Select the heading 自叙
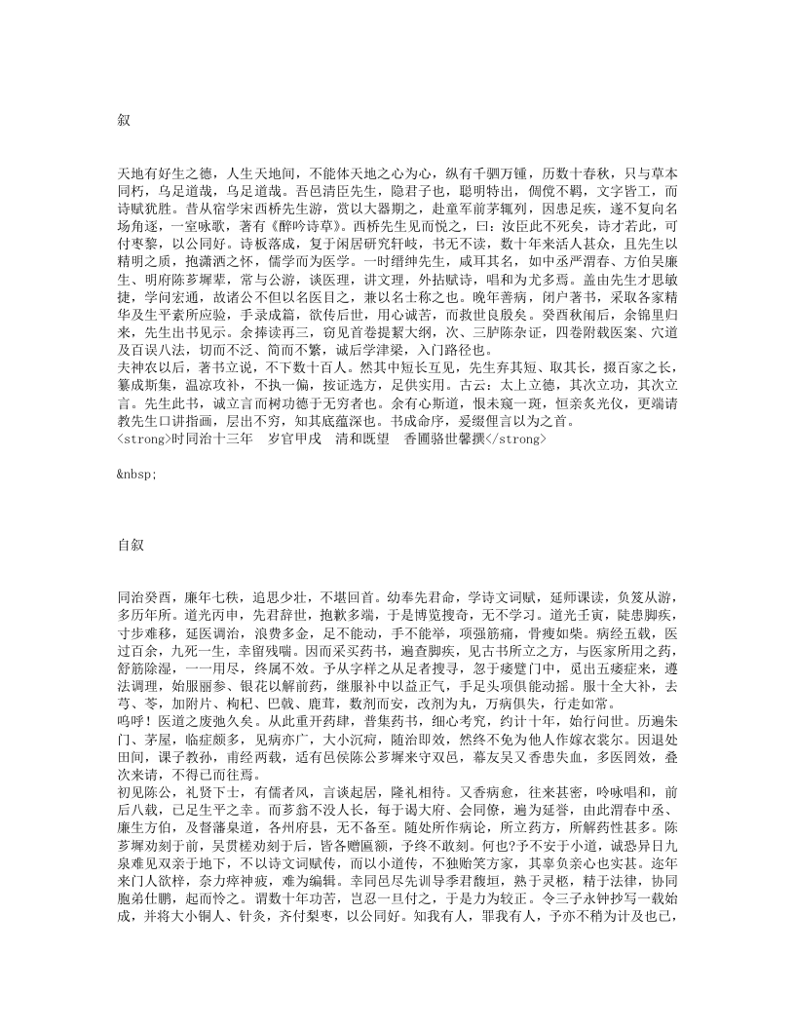coord(130,545)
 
